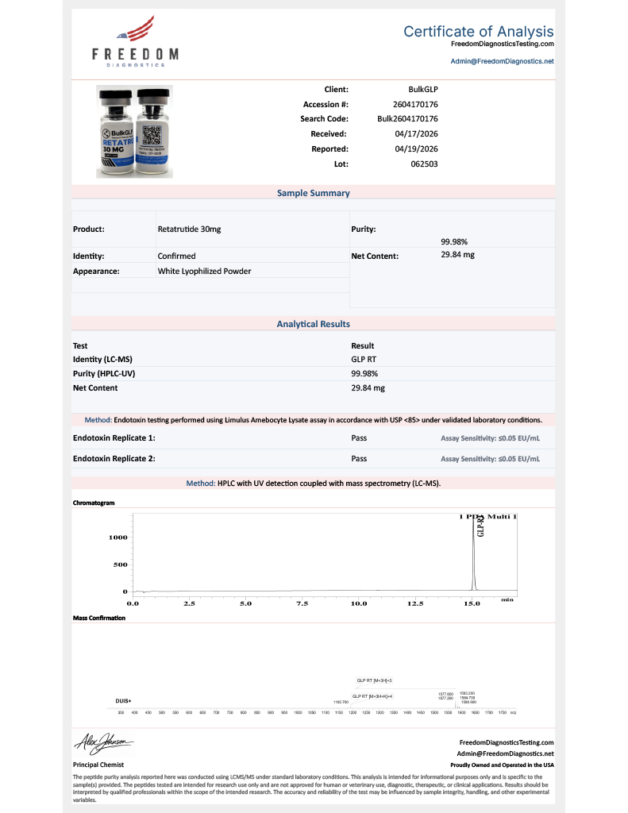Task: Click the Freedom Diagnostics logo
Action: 135,43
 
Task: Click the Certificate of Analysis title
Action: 478,32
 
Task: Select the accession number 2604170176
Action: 416,104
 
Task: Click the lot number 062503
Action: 424,164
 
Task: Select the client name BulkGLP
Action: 423,90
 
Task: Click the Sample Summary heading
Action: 313,193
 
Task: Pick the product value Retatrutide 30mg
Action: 189,229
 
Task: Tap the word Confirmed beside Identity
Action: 176,256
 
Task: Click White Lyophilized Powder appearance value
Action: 204,271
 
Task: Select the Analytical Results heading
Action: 313,324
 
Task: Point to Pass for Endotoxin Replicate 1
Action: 359,437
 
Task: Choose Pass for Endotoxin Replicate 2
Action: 359,458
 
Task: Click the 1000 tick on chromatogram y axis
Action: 118,538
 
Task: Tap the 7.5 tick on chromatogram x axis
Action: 302,604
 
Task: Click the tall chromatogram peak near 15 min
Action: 473,556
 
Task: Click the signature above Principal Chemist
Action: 104,744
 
